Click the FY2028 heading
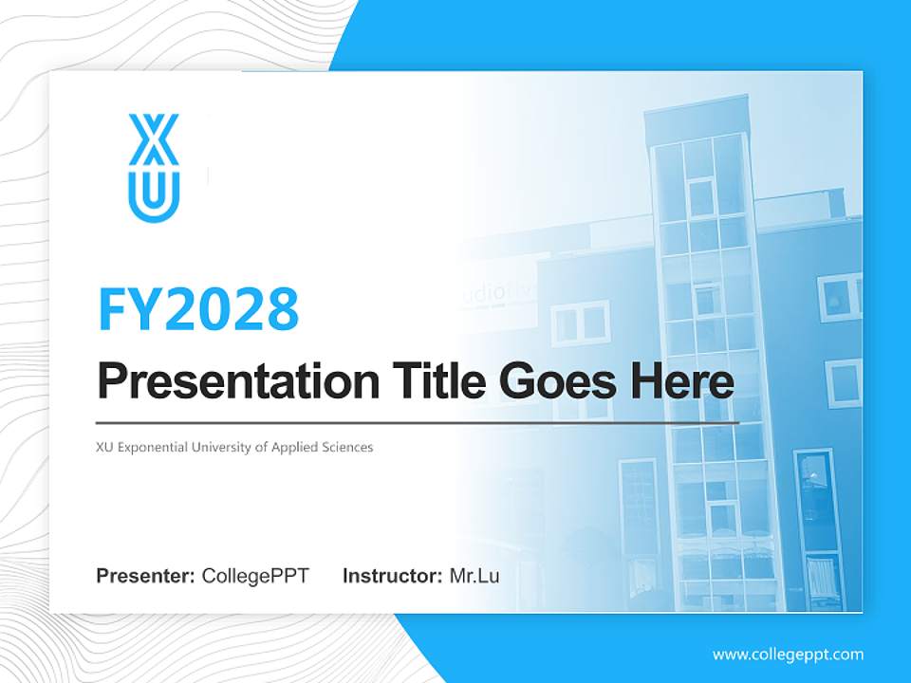(x=198, y=309)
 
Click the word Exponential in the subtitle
(x=158, y=447)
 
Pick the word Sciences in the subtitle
(x=347, y=447)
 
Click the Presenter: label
(x=146, y=576)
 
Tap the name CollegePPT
(x=255, y=576)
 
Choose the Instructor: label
(x=392, y=576)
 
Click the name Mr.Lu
(x=474, y=576)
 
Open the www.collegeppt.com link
(x=788, y=655)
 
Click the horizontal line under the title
(x=418, y=422)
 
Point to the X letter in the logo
(x=154, y=140)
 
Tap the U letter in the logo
(x=154, y=192)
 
